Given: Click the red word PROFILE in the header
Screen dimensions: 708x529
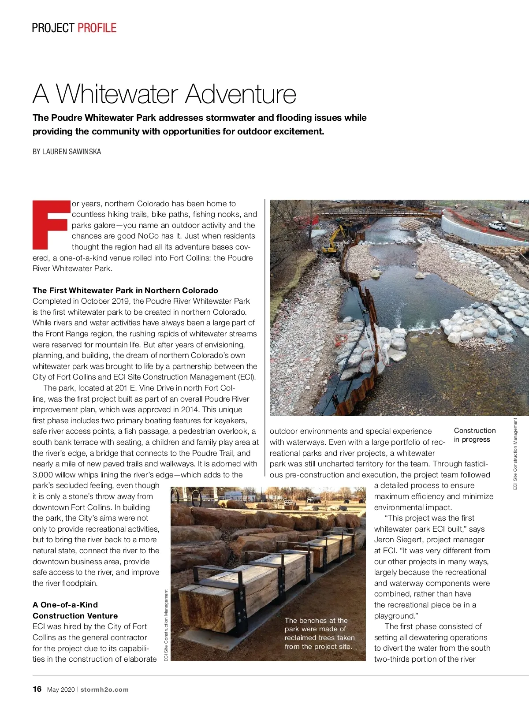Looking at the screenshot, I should click(97, 28).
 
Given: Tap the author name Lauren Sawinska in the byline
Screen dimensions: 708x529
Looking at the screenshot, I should click(71, 152).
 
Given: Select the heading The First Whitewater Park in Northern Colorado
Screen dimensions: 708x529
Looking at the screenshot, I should click(125, 291).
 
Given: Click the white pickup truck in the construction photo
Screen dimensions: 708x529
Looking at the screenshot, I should click(498, 226).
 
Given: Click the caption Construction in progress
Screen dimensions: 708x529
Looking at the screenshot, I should click(474, 435).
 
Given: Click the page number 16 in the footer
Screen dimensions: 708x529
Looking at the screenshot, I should click(37, 689).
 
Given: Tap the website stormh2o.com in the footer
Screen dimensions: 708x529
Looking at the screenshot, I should click(104, 689).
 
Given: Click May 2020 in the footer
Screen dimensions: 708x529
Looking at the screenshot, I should click(61, 689).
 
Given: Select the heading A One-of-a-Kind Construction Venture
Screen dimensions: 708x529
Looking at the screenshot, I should click(75, 610).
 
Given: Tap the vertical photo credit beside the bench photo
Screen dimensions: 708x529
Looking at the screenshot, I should click(166, 625).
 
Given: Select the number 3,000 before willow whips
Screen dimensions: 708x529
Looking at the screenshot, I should click(43, 475).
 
